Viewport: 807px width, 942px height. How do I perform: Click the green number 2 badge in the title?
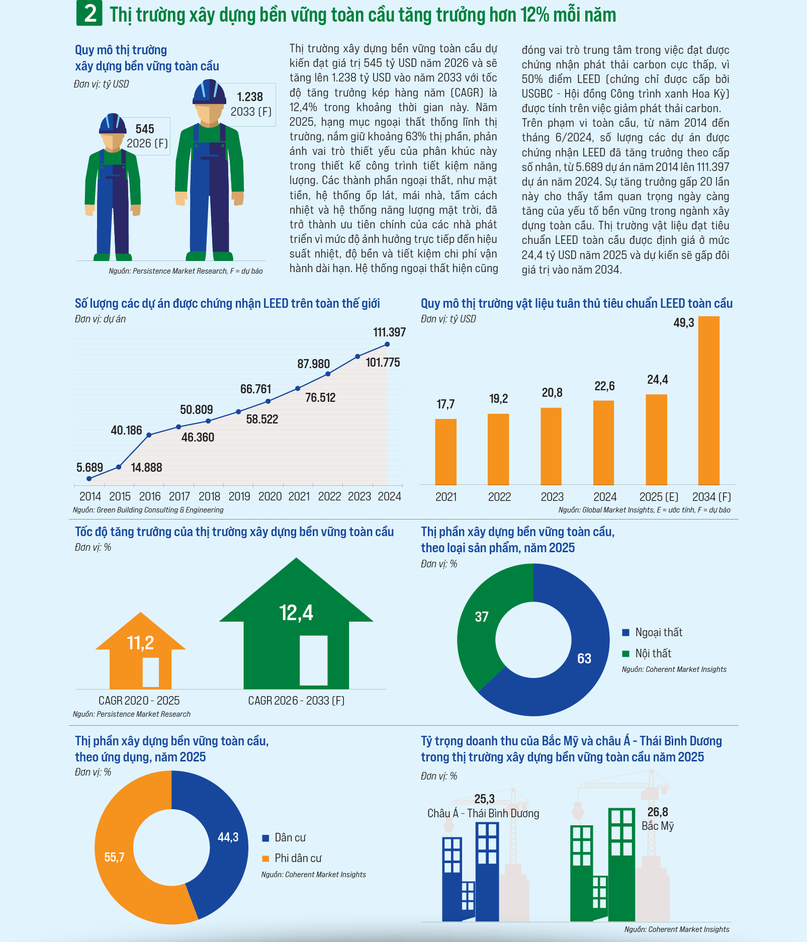click(x=89, y=14)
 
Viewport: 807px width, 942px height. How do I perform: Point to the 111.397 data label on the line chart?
click(x=389, y=332)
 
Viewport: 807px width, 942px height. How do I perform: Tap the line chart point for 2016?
click(x=149, y=435)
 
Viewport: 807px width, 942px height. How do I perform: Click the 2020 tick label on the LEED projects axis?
click(x=270, y=496)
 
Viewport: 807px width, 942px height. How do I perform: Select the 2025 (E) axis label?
click(x=658, y=497)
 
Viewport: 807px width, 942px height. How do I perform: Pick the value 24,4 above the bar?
click(x=657, y=380)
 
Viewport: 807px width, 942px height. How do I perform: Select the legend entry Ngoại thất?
click(x=658, y=633)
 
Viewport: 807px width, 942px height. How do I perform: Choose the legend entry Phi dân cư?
click(x=298, y=858)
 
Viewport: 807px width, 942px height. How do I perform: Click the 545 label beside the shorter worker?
click(x=145, y=129)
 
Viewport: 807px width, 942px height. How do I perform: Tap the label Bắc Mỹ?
click(x=657, y=826)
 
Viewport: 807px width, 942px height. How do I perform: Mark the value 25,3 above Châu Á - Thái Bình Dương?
click(x=484, y=799)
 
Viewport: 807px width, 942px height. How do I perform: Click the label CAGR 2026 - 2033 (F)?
click(x=296, y=701)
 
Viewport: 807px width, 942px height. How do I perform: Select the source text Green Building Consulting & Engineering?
click(x=160, y=510)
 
